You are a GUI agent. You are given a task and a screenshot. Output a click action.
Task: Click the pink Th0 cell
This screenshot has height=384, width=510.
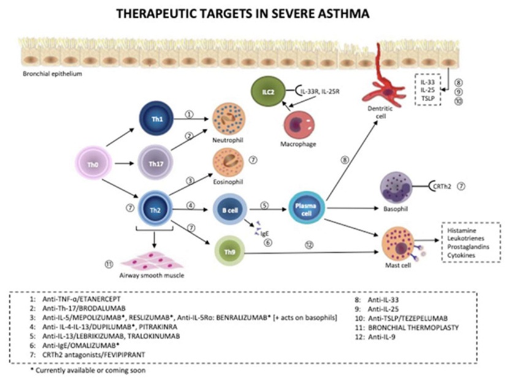tap(93, 164)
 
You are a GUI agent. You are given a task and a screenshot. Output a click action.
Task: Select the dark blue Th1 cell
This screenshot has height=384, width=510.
tap(156, 119)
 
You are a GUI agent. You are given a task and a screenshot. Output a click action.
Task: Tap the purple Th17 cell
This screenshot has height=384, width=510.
tap(155, 163)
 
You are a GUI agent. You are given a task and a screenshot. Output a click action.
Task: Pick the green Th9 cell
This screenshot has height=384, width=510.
tap(230, 252)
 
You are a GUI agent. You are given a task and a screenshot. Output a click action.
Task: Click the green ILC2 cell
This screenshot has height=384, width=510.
tap(268, 92)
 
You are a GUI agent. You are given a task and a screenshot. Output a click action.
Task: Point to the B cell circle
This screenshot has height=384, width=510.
tap(230, 210)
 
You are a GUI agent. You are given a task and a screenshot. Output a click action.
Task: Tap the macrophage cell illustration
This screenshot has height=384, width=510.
tap(298, 125)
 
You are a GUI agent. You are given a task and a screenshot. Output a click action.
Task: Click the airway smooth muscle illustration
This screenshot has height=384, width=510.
tap(151, 263)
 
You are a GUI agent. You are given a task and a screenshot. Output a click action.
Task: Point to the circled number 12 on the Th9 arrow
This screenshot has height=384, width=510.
tap(309, 244)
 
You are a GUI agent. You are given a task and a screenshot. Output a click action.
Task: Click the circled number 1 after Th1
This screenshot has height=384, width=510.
tap(189, 114)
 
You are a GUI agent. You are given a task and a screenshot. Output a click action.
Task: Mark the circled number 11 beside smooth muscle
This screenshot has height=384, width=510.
tap(108, 264)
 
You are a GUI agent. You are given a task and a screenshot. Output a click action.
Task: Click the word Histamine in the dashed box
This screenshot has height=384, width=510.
tap(462, 231)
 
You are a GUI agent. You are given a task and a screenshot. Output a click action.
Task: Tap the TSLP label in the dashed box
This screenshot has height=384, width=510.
tap(428, 98)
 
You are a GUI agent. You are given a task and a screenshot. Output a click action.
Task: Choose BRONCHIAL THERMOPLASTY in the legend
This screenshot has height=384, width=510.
tap(413, 328)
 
